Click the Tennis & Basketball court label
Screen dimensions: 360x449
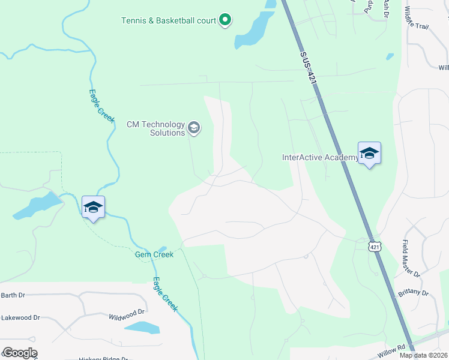pyautogui.click(x=168, y=20)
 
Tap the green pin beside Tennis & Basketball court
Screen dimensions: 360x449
pyautogui.click(x=225, y=20)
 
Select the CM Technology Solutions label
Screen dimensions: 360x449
pyautogui.click(x=155, y=128)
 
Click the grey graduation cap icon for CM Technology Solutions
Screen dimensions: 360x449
pyautogui.click(x=194, y=127)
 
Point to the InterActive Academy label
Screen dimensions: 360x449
pyautogui.click(x=320, y=158)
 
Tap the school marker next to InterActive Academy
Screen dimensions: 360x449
pyautogui.click(x=369, y=153)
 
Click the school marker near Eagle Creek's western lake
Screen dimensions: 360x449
pyautogui.click(x=93, y=207)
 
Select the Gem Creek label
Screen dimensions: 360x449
pyautogui.click(x=154, y=254)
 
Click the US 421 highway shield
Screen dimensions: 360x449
pyautogui.click(x=375, y=247)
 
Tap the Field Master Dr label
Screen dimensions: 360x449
pyautogui.click(x=411, y=259)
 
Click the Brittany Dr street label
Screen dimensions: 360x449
pyautogui.click(x=413, y=293)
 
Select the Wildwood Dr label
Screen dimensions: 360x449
pyautogui.click(x=127, y=313)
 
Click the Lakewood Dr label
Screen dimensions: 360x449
pyautogui.click(x=20, y=317)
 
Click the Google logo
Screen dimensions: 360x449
pyautogui.click(x=20, y=353)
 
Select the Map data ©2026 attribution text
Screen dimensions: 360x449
pyautogui.click(x=423, y=355)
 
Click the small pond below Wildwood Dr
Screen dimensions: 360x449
pyautogui.click(x=142, y=328)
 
